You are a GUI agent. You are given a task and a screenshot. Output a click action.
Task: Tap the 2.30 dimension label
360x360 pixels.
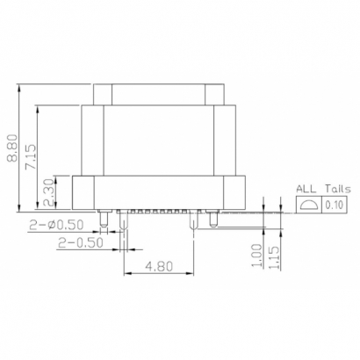click(48, 187)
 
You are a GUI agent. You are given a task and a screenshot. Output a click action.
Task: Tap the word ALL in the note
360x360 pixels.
click(306, 188)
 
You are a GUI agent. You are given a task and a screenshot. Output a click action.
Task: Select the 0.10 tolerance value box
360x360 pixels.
click(335, 205)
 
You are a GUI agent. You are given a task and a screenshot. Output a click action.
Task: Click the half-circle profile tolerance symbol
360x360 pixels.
click(308, 205)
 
